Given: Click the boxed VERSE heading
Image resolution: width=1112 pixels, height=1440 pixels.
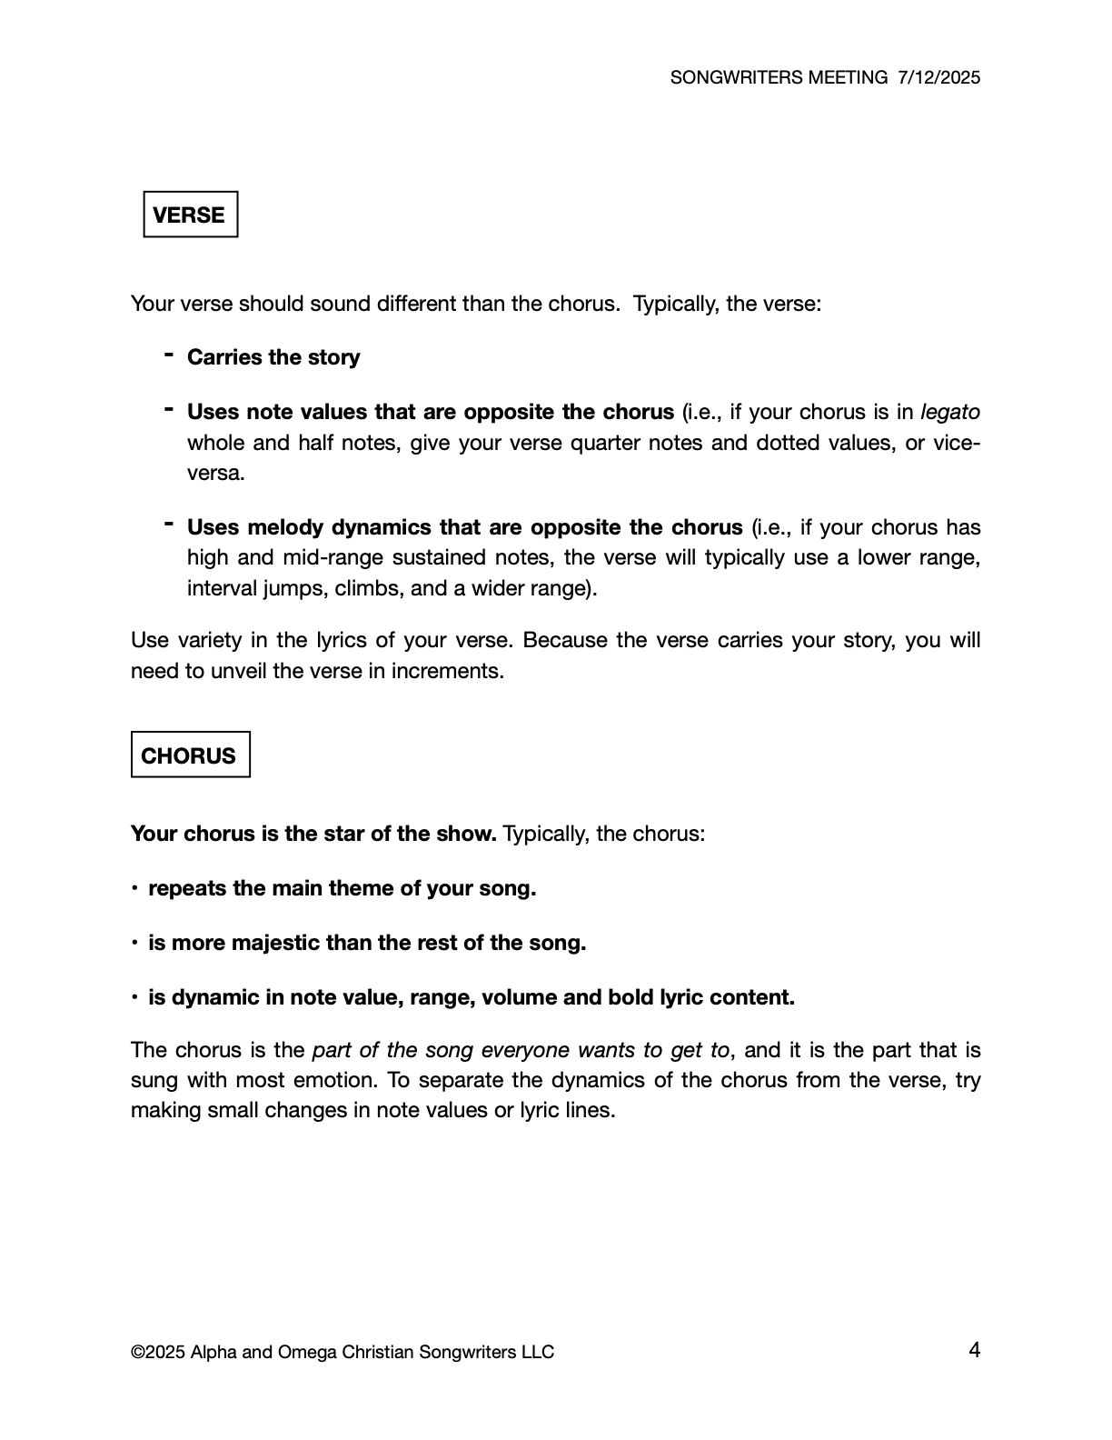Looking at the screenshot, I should tap(190, 215).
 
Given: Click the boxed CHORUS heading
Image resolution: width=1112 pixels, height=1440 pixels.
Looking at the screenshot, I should tap(189, 755).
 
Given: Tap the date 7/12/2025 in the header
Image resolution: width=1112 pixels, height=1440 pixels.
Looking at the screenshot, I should tap(938, 77).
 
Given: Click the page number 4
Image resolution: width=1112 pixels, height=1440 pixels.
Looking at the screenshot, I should tap(974, 1350).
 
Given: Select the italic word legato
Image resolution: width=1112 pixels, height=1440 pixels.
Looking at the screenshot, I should tap(950, 412).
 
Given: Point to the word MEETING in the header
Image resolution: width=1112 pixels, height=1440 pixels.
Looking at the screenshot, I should tap(847, 77).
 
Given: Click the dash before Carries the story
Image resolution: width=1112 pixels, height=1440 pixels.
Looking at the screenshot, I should tap(169, 354).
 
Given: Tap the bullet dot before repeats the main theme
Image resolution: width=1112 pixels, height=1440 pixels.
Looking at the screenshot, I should tap(134, 888).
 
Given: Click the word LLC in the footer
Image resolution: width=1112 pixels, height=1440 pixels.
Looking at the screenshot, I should tap(537, 1352).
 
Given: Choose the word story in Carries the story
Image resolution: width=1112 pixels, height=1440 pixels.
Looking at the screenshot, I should tap(333, 357).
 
